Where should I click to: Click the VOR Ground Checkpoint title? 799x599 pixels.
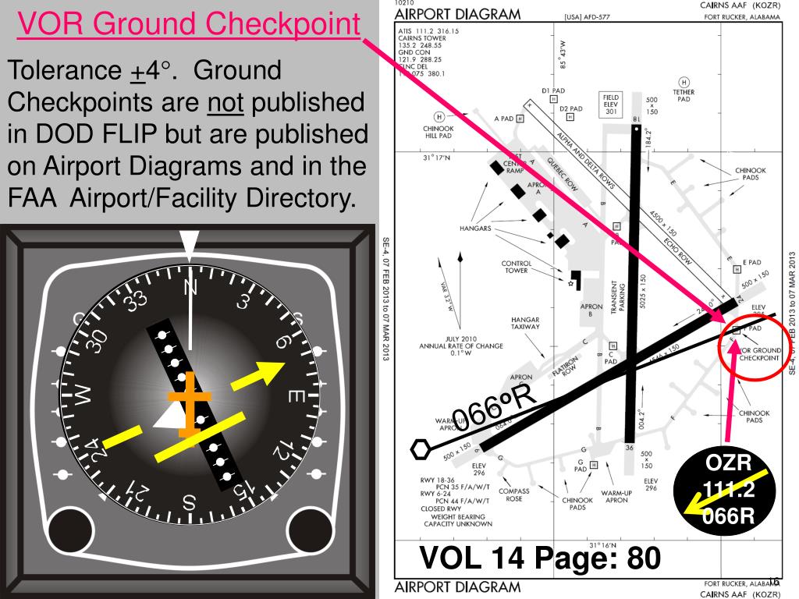pyautogui.click(x=190, y=25)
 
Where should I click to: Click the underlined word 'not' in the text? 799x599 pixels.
pyautogui.click(x=225, y=103)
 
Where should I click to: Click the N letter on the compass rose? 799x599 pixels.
pyautogui.click(x=190, y=289)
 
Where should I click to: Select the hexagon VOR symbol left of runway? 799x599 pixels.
pyautogui.click(x=421, y=448)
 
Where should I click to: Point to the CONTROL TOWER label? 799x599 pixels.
pyautogui.click(x=517, y=267)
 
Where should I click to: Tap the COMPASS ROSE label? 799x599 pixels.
pyautogui.click(x=514, y=495)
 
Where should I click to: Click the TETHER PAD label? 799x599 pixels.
pyautogui.click(x=684, y=95)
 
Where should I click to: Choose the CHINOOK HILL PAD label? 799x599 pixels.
pyautogui.click(x=438, y=133)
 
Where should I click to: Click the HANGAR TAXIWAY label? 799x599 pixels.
pyautogui.click(x=524, y=324)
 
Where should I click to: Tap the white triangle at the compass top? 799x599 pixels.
pyautogui.click(x=190, y=244)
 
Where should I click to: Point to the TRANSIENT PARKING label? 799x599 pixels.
pyautogui.click(x=617, y=296)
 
